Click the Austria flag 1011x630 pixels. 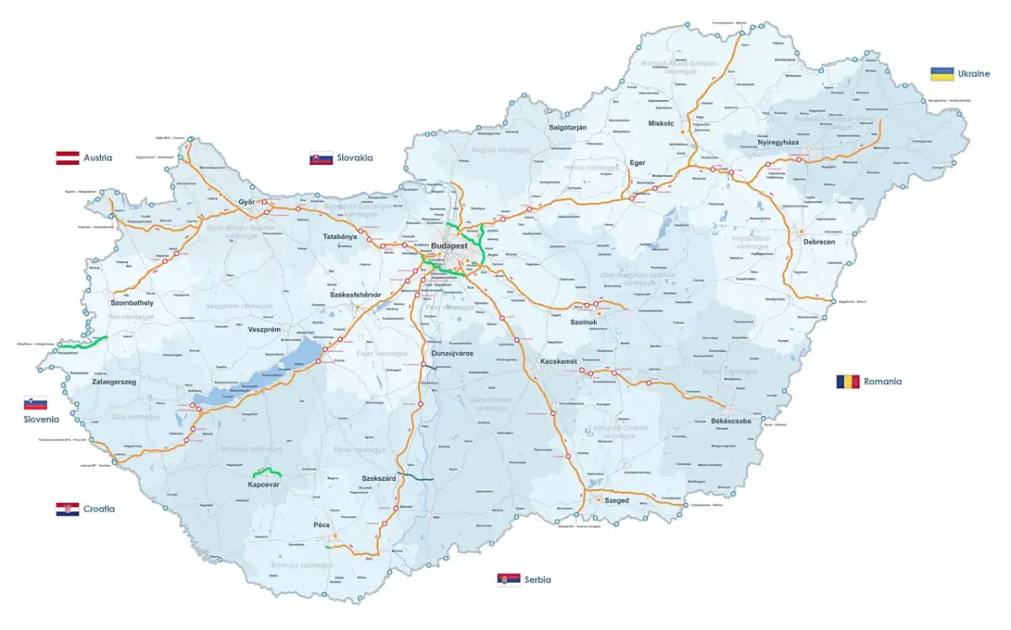pos(67,157)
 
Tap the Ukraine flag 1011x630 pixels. pos(942,74)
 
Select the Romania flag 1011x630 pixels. pos(848,382)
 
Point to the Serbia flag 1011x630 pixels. pos(508,580)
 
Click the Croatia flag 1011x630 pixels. pos(67,509)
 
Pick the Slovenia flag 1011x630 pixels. pos(35,403)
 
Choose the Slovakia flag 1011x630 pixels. pos(321,157)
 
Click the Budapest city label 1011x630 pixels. pos(448,246)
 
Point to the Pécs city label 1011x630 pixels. pos(322,525)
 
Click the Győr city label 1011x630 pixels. pos(247,202)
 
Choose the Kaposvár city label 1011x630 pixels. pos(264,484)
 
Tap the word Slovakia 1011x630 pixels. pos(354,157)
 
